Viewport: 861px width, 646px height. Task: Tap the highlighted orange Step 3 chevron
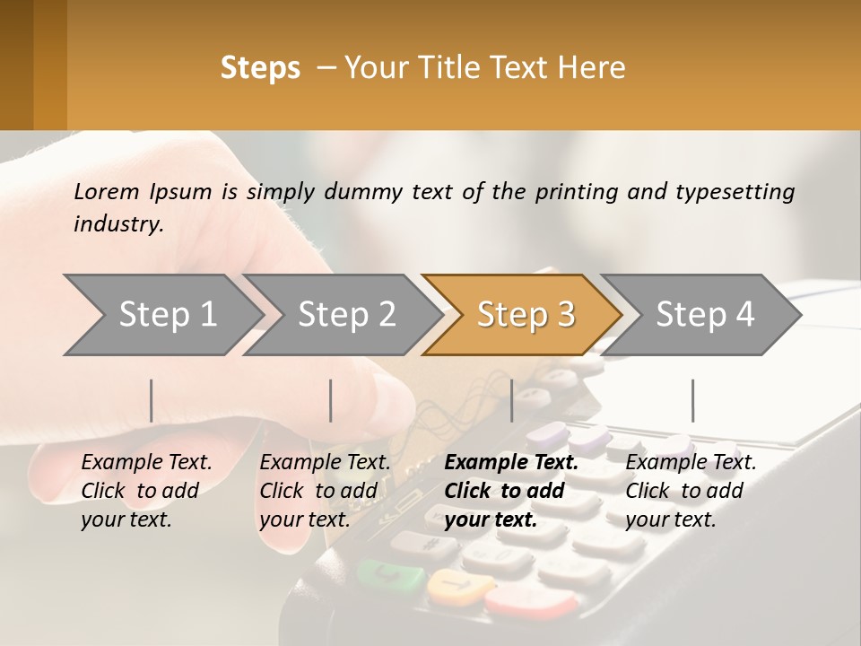525,315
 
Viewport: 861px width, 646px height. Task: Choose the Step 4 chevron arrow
704,315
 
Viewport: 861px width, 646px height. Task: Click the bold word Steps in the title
260,68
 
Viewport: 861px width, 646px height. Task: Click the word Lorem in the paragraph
106,191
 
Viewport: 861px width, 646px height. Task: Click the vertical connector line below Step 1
152,400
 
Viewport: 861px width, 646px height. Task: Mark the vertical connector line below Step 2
331,400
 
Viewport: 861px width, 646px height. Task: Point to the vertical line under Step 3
512,400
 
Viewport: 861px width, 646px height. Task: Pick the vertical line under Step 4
692,400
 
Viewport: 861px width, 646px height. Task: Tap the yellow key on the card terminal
454,588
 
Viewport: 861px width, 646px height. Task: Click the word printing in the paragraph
577,192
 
